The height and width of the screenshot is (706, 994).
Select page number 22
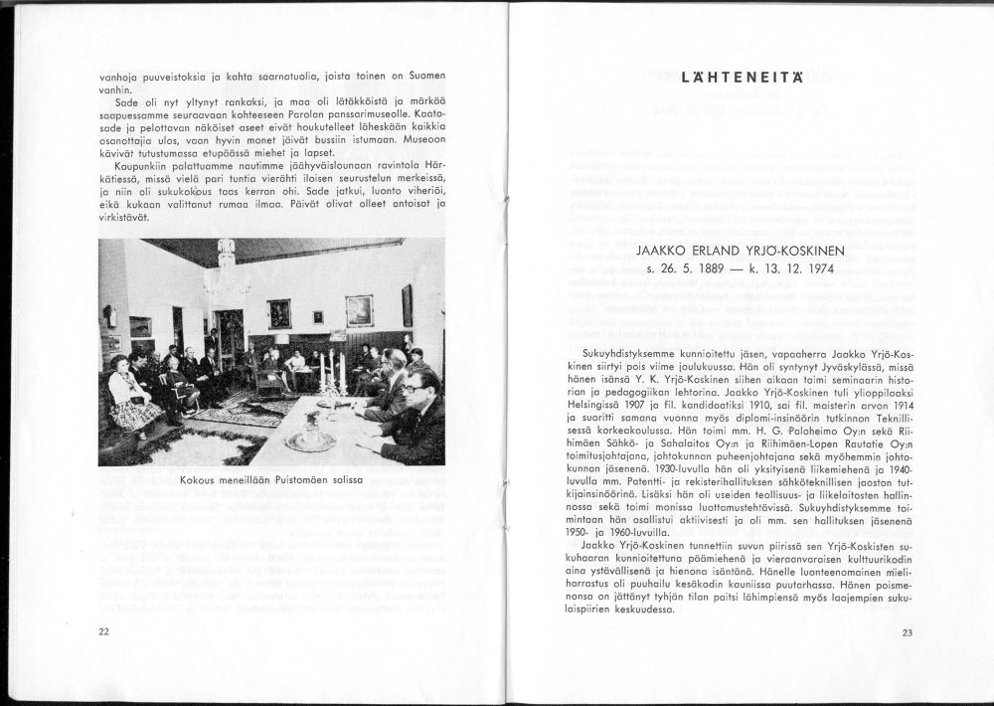104,631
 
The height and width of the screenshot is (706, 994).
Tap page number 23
907,632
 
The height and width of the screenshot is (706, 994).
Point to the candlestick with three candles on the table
330,373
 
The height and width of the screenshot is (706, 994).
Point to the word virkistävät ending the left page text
124,216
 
